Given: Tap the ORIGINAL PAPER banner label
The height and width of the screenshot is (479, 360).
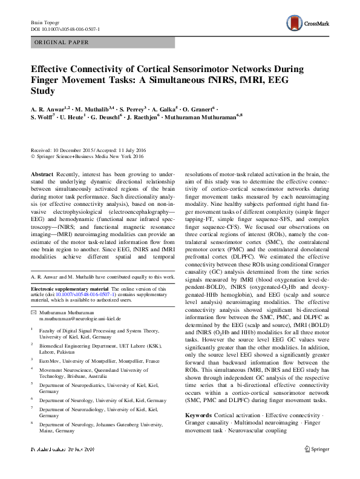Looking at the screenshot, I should point(62,42).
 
